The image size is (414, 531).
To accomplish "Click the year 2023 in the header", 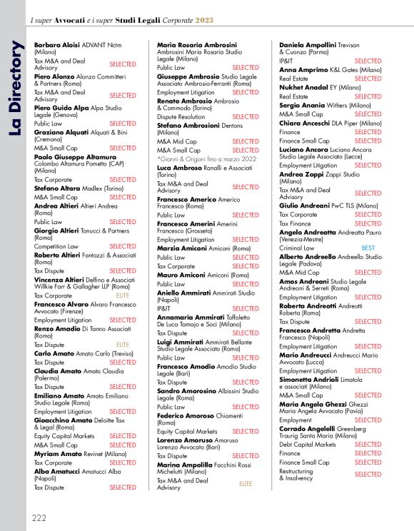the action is point(204,21).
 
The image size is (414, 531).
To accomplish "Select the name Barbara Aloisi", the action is point(57,44).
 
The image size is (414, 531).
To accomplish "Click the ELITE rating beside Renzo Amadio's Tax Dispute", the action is point(123,345).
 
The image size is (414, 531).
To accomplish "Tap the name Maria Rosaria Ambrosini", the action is point(196,44).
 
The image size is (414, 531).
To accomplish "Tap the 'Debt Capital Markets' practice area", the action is point(307,444).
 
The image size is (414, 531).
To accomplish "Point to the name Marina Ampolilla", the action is point(191,465).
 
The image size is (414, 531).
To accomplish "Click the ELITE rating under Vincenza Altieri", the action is point(123,295).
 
